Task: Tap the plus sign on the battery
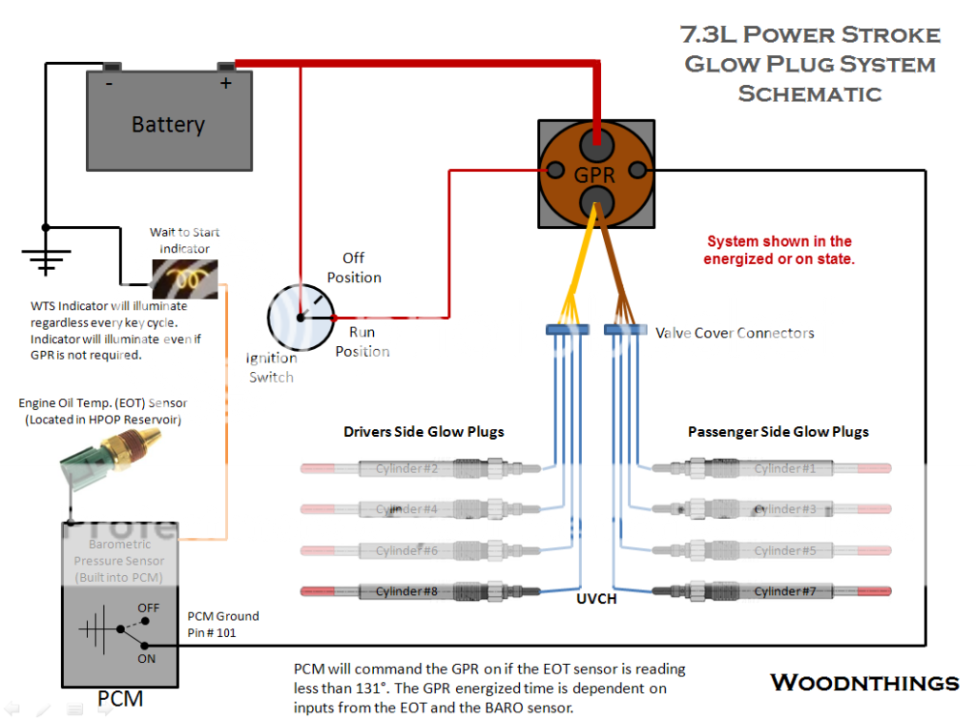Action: [226, 84]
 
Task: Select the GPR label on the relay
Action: [595, 175]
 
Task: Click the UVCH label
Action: [597, 599]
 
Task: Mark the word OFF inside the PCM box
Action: [148, 608]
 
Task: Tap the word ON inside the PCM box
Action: [147, 658]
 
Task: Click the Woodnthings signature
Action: [864, 682]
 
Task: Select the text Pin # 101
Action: [211, 631]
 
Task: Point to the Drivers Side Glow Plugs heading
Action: [424, 432]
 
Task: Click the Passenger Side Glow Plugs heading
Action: [779, 432]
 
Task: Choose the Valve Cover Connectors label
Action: [735, 333]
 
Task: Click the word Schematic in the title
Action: [809, 93]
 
